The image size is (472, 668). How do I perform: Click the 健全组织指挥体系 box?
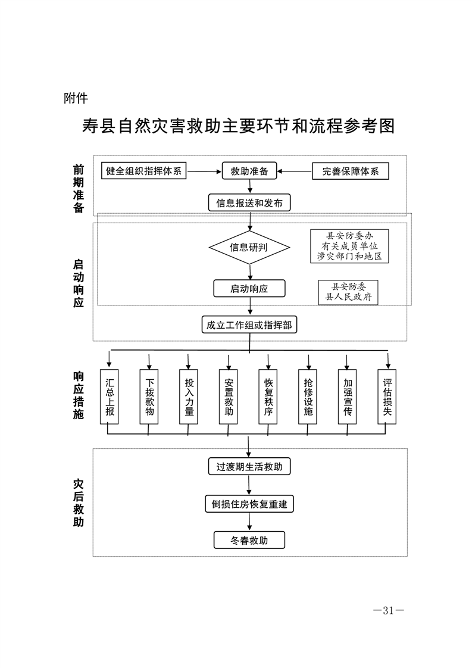(x=143, y=171)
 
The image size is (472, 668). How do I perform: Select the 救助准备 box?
(x=249, y=171)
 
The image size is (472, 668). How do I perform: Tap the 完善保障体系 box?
(x=351, y=171)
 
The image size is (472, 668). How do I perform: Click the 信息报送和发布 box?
(x=249, y=203)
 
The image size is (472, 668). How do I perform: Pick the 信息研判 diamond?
(x=249, y=247)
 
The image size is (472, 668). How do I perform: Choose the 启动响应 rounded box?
(x=249, y=289)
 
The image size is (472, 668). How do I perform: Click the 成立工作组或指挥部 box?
(x=249, y=325)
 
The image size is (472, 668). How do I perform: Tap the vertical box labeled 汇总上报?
(x=109, y=397)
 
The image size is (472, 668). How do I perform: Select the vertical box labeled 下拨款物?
(x=149, y=397)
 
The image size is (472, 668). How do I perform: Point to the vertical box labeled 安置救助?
(x=229, y=397)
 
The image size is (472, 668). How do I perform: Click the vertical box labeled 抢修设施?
(x=308, y=397)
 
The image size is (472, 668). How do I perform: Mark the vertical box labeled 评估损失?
(x=387, y=397)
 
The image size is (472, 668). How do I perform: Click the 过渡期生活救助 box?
(x=249, y=466)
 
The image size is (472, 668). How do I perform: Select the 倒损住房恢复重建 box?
(x=249, y=504)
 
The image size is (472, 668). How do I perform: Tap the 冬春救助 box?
(x=249, y=541)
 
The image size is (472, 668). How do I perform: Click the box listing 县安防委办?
(x=349, y=246)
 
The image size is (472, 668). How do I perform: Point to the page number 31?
(x=388, y=610)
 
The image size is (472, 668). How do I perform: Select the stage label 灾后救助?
(x=79, y=502)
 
